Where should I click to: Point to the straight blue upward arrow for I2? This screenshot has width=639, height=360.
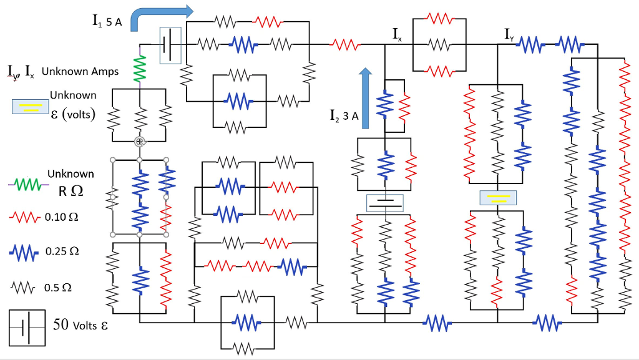tap(366, 97)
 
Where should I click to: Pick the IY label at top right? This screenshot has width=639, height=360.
tap(510, 34)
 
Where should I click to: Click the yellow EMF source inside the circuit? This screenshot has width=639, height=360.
tap(497, 198)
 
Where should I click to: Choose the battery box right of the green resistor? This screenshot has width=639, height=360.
tap(170, 45)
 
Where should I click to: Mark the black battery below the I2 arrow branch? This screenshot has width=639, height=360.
tap(385, 203)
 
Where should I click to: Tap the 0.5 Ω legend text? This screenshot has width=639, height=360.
tap(59, 288)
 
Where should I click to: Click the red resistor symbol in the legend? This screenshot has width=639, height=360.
tap(26, 218)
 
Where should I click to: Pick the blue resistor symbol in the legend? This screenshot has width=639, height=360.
tap(26, 252)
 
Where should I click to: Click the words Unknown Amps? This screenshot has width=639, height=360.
tap(80, 71)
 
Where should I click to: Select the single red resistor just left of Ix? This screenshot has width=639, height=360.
tap(345, 45)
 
